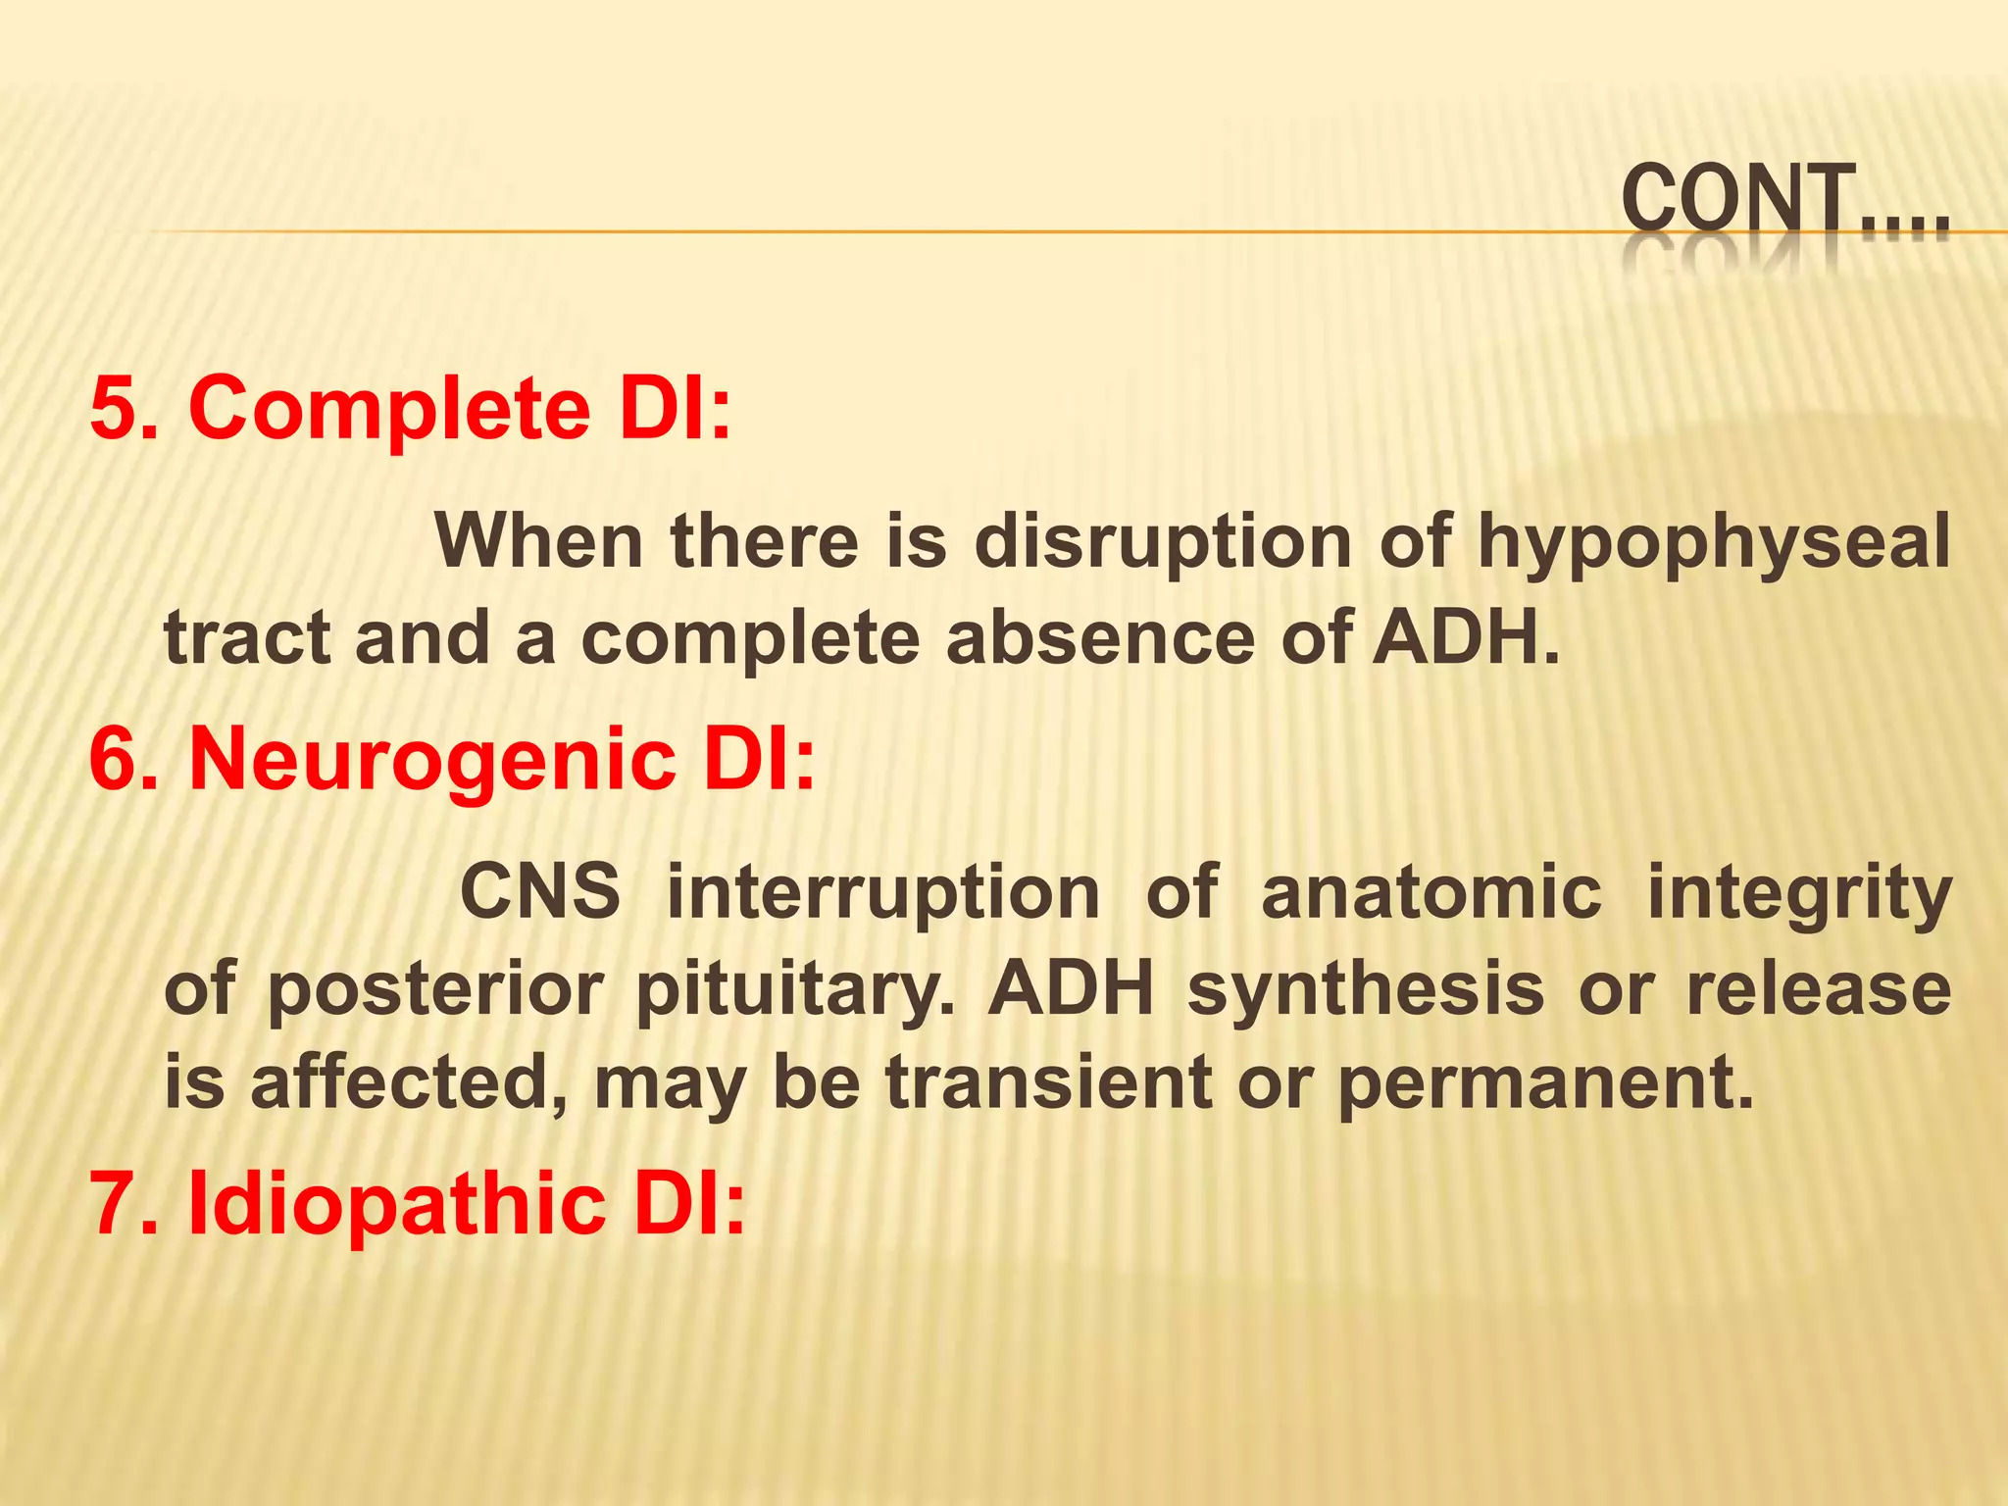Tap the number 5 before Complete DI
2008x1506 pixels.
pyautogui.click(x=111, y=409)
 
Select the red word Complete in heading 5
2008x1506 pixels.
pyautogui.click(x=388, y=411)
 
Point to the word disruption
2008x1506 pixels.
pyautogui.click(x=1163, y=543)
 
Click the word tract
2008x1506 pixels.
pyautogui.click(x=247, y=638)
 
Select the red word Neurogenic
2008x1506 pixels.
pyautogui.click(x=431, y=763)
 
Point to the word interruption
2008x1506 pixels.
pyautogui.click(x=882, y=894)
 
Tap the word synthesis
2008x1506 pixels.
pyautogui.click(x=1366, y=990)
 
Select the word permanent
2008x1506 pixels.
pyautogui.click(x=1544, y=1083)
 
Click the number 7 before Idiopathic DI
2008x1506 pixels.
pyautogui.click(x=111, y=1205)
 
